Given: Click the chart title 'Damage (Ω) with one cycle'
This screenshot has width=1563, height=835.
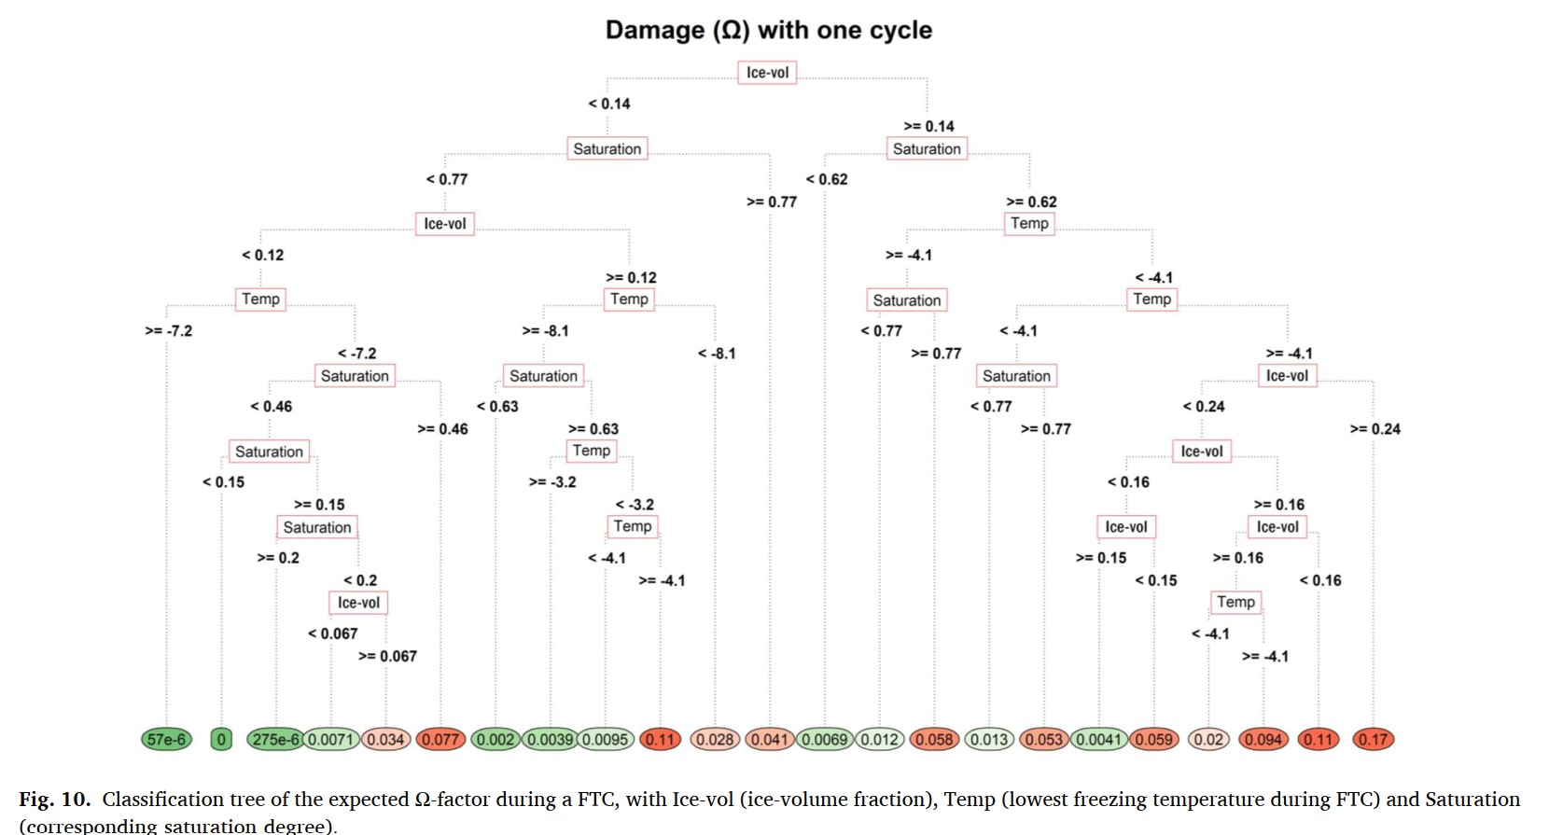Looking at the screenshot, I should pyautogui.click(x=768, y=30).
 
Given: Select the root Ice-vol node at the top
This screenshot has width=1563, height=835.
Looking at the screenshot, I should pyautogui.click(x=767, y=73).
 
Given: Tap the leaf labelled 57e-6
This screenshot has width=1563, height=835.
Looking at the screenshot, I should pyautogui.click(x=166, y=740).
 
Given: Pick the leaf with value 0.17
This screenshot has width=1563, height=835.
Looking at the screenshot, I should pyautogui.click(x=1373, y=740).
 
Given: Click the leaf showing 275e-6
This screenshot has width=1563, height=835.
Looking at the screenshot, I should pyautogui.click(x=275, y=740).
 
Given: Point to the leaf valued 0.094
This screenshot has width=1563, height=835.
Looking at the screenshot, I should pyautogui.click(x=1263, y=740).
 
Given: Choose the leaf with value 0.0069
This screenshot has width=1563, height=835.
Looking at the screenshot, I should pyautogui.click(x=824, y=740).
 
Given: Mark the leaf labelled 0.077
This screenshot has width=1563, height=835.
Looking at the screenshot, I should pyautogui.click(x=440, y=740).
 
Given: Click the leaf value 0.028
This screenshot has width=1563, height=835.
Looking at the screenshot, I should pyautogui.click(x=715, y=740).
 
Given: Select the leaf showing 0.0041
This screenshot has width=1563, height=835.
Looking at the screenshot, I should pyautogui.click(x=1098, y=740).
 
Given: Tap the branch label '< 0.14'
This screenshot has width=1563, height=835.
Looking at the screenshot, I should pyautogui.click(x=609, y=104).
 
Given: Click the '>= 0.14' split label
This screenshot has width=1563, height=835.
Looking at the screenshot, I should pyautogui.click(x=928, y=126).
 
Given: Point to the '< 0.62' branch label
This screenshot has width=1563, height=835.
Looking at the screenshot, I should pyautogui.click(x=827, y=179).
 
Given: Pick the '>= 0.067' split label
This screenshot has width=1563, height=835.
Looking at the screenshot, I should pyautogui.click(x=387, y=656).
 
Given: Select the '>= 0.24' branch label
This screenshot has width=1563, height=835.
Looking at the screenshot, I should pyautogui.click(x=1375, y=429).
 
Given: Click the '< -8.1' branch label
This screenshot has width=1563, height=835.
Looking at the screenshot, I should pyautogui.click(x=717, y=354).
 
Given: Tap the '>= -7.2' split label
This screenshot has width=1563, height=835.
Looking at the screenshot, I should pyautogui.click(x=169, y=330).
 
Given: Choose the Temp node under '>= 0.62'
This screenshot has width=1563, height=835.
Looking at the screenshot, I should pyautogui.click(x=1029, y=223).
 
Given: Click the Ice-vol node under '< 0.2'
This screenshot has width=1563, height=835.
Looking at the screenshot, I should pyautogui.click(x=358, y=603).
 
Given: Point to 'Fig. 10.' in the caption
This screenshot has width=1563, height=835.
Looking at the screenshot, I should pyautogui.click(x=54, y=800).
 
